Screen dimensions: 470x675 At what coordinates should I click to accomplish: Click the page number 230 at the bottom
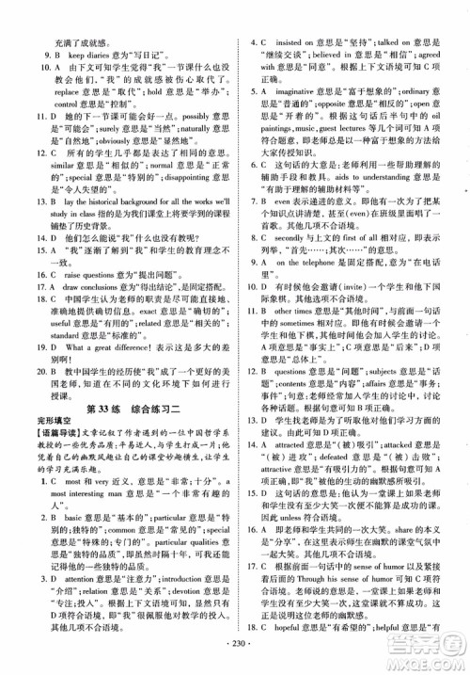[236, 655]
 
